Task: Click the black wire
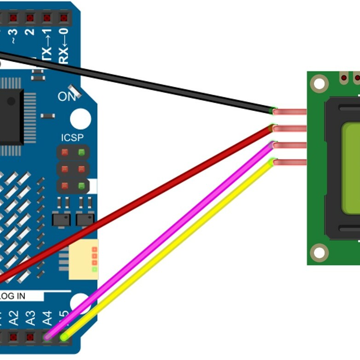coord(138,83)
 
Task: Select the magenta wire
coord(161,240)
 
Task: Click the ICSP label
coord(72,138)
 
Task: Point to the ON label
coord(67,97)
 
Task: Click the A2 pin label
coord(14,318)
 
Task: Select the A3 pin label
coord(30,318)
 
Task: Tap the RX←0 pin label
coord(64,46)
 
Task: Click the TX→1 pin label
coord(47,46)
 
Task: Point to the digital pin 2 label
coord(30,32)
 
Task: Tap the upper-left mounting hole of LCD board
coord(319,83)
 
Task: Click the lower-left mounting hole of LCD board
coord(319,252)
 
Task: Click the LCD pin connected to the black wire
coord(290,112)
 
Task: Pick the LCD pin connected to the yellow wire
coord(290,162)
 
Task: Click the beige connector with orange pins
coord(84,260)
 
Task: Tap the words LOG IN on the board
coord(13,296)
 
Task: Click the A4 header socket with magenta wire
coord(47,337)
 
